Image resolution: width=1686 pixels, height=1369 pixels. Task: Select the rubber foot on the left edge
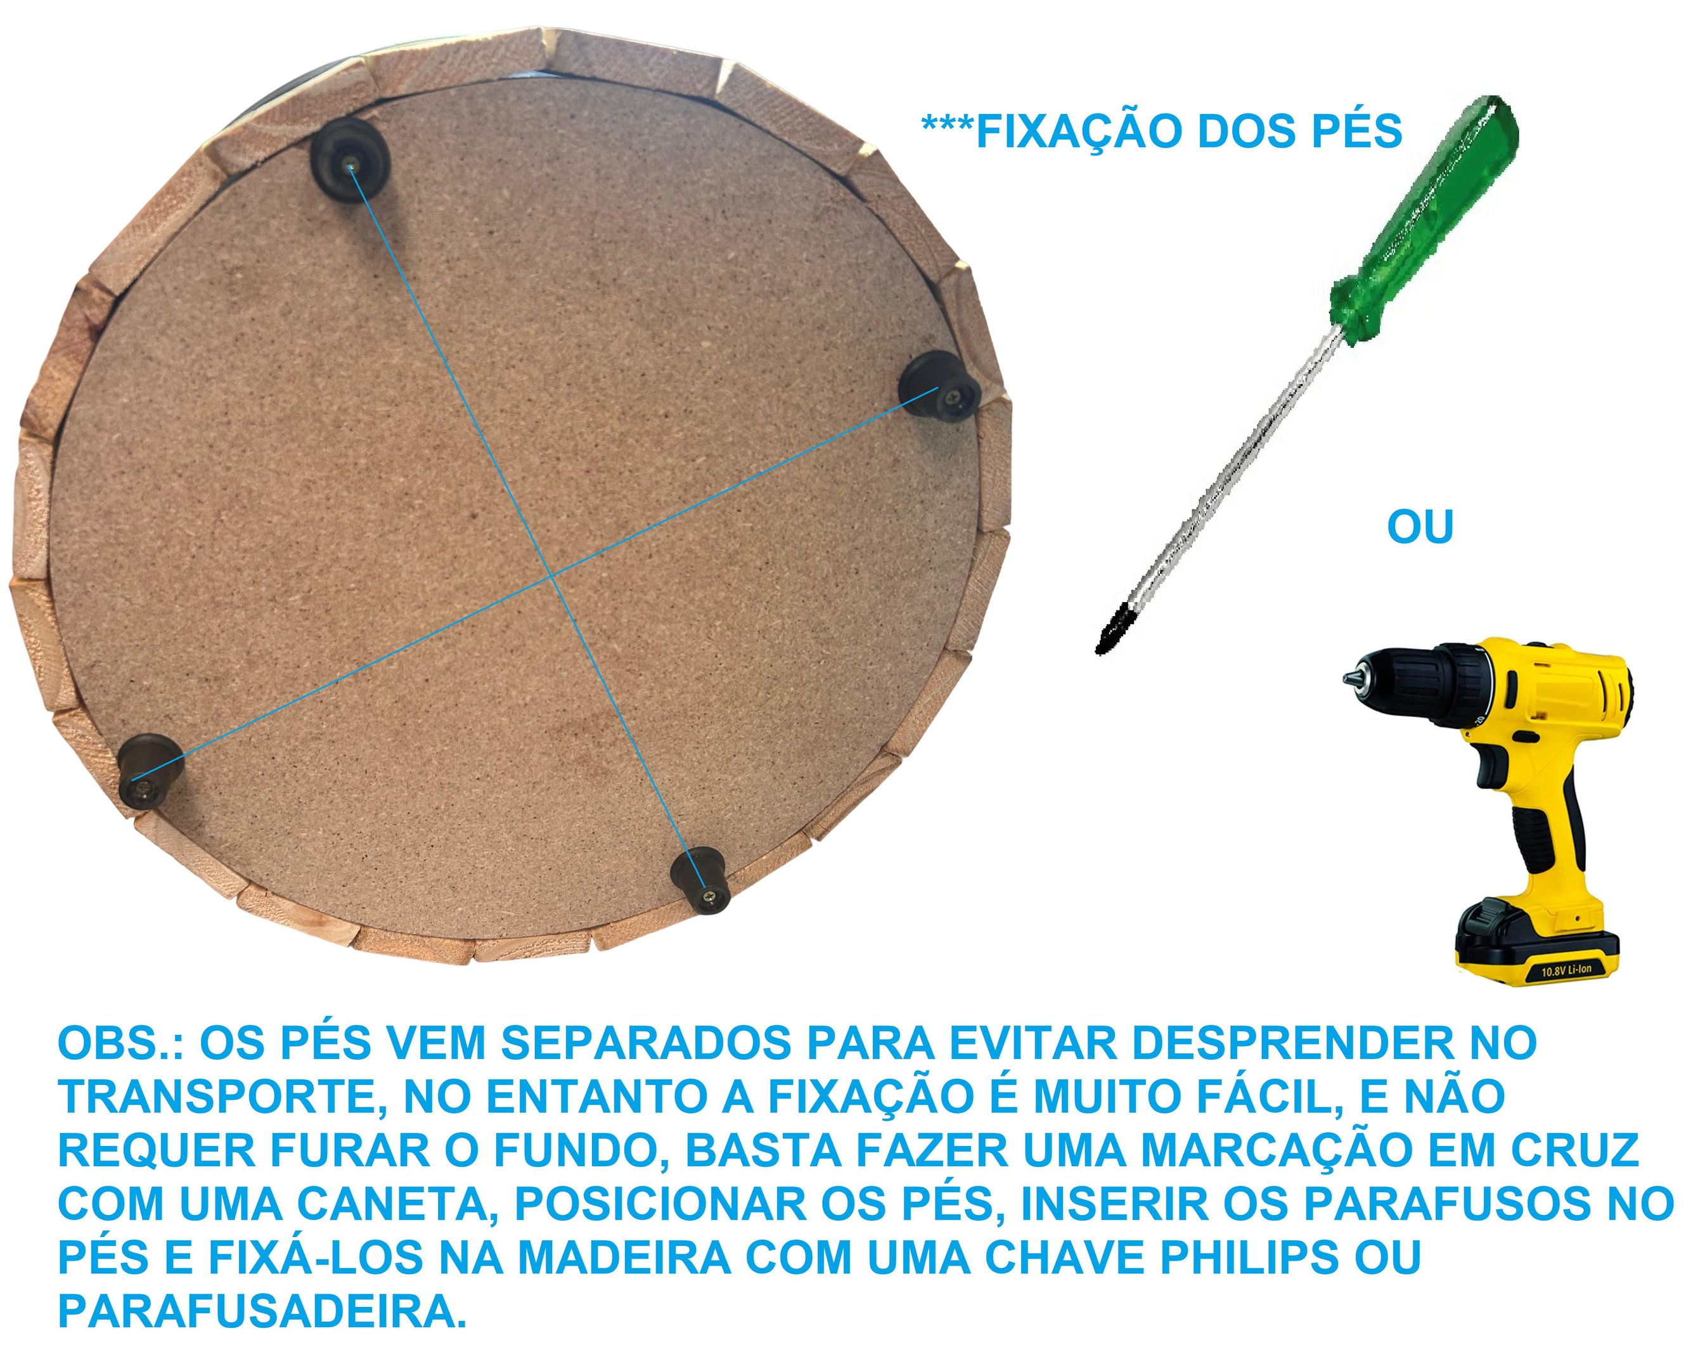150,771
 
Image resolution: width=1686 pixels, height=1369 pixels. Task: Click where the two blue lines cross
551,577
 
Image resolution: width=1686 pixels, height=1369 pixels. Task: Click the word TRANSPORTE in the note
220,1098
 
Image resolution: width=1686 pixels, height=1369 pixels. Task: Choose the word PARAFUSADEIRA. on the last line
262,1312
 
